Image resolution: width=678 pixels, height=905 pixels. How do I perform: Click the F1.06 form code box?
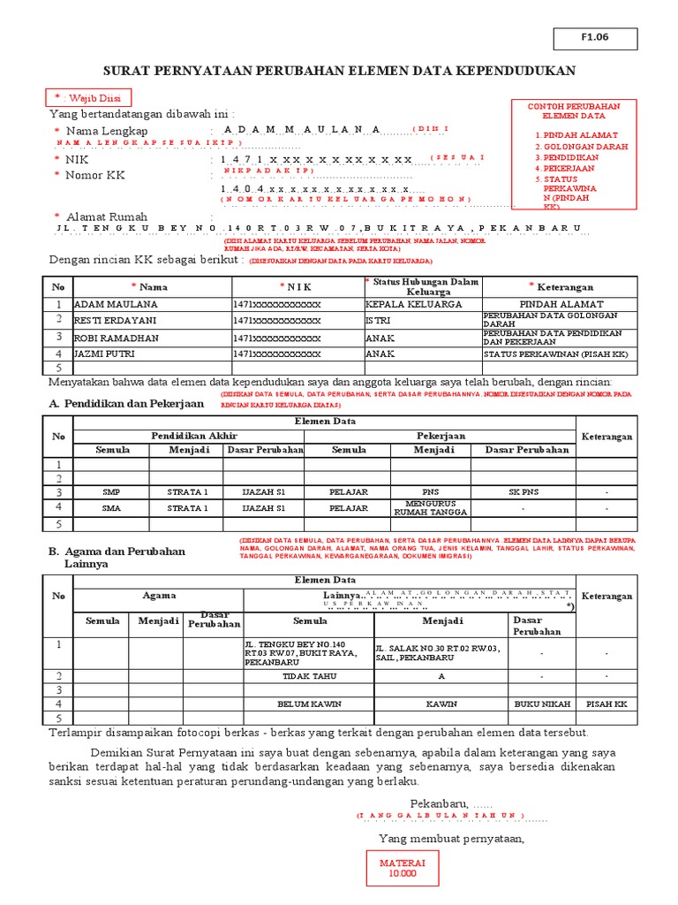594,38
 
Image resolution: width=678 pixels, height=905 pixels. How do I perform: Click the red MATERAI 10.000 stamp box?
403,868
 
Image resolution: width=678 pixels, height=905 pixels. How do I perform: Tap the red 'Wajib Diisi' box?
87,97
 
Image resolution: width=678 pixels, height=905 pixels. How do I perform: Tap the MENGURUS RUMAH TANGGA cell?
431,507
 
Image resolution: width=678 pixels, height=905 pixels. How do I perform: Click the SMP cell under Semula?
111,491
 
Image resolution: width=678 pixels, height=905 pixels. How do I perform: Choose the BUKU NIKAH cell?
541,704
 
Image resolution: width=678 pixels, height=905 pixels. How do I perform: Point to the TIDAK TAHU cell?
308,675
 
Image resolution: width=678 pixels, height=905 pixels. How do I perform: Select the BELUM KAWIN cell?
308,704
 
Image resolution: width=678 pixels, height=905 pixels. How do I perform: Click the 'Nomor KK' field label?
94,175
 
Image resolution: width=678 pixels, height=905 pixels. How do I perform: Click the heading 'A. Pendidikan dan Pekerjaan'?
125,403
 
